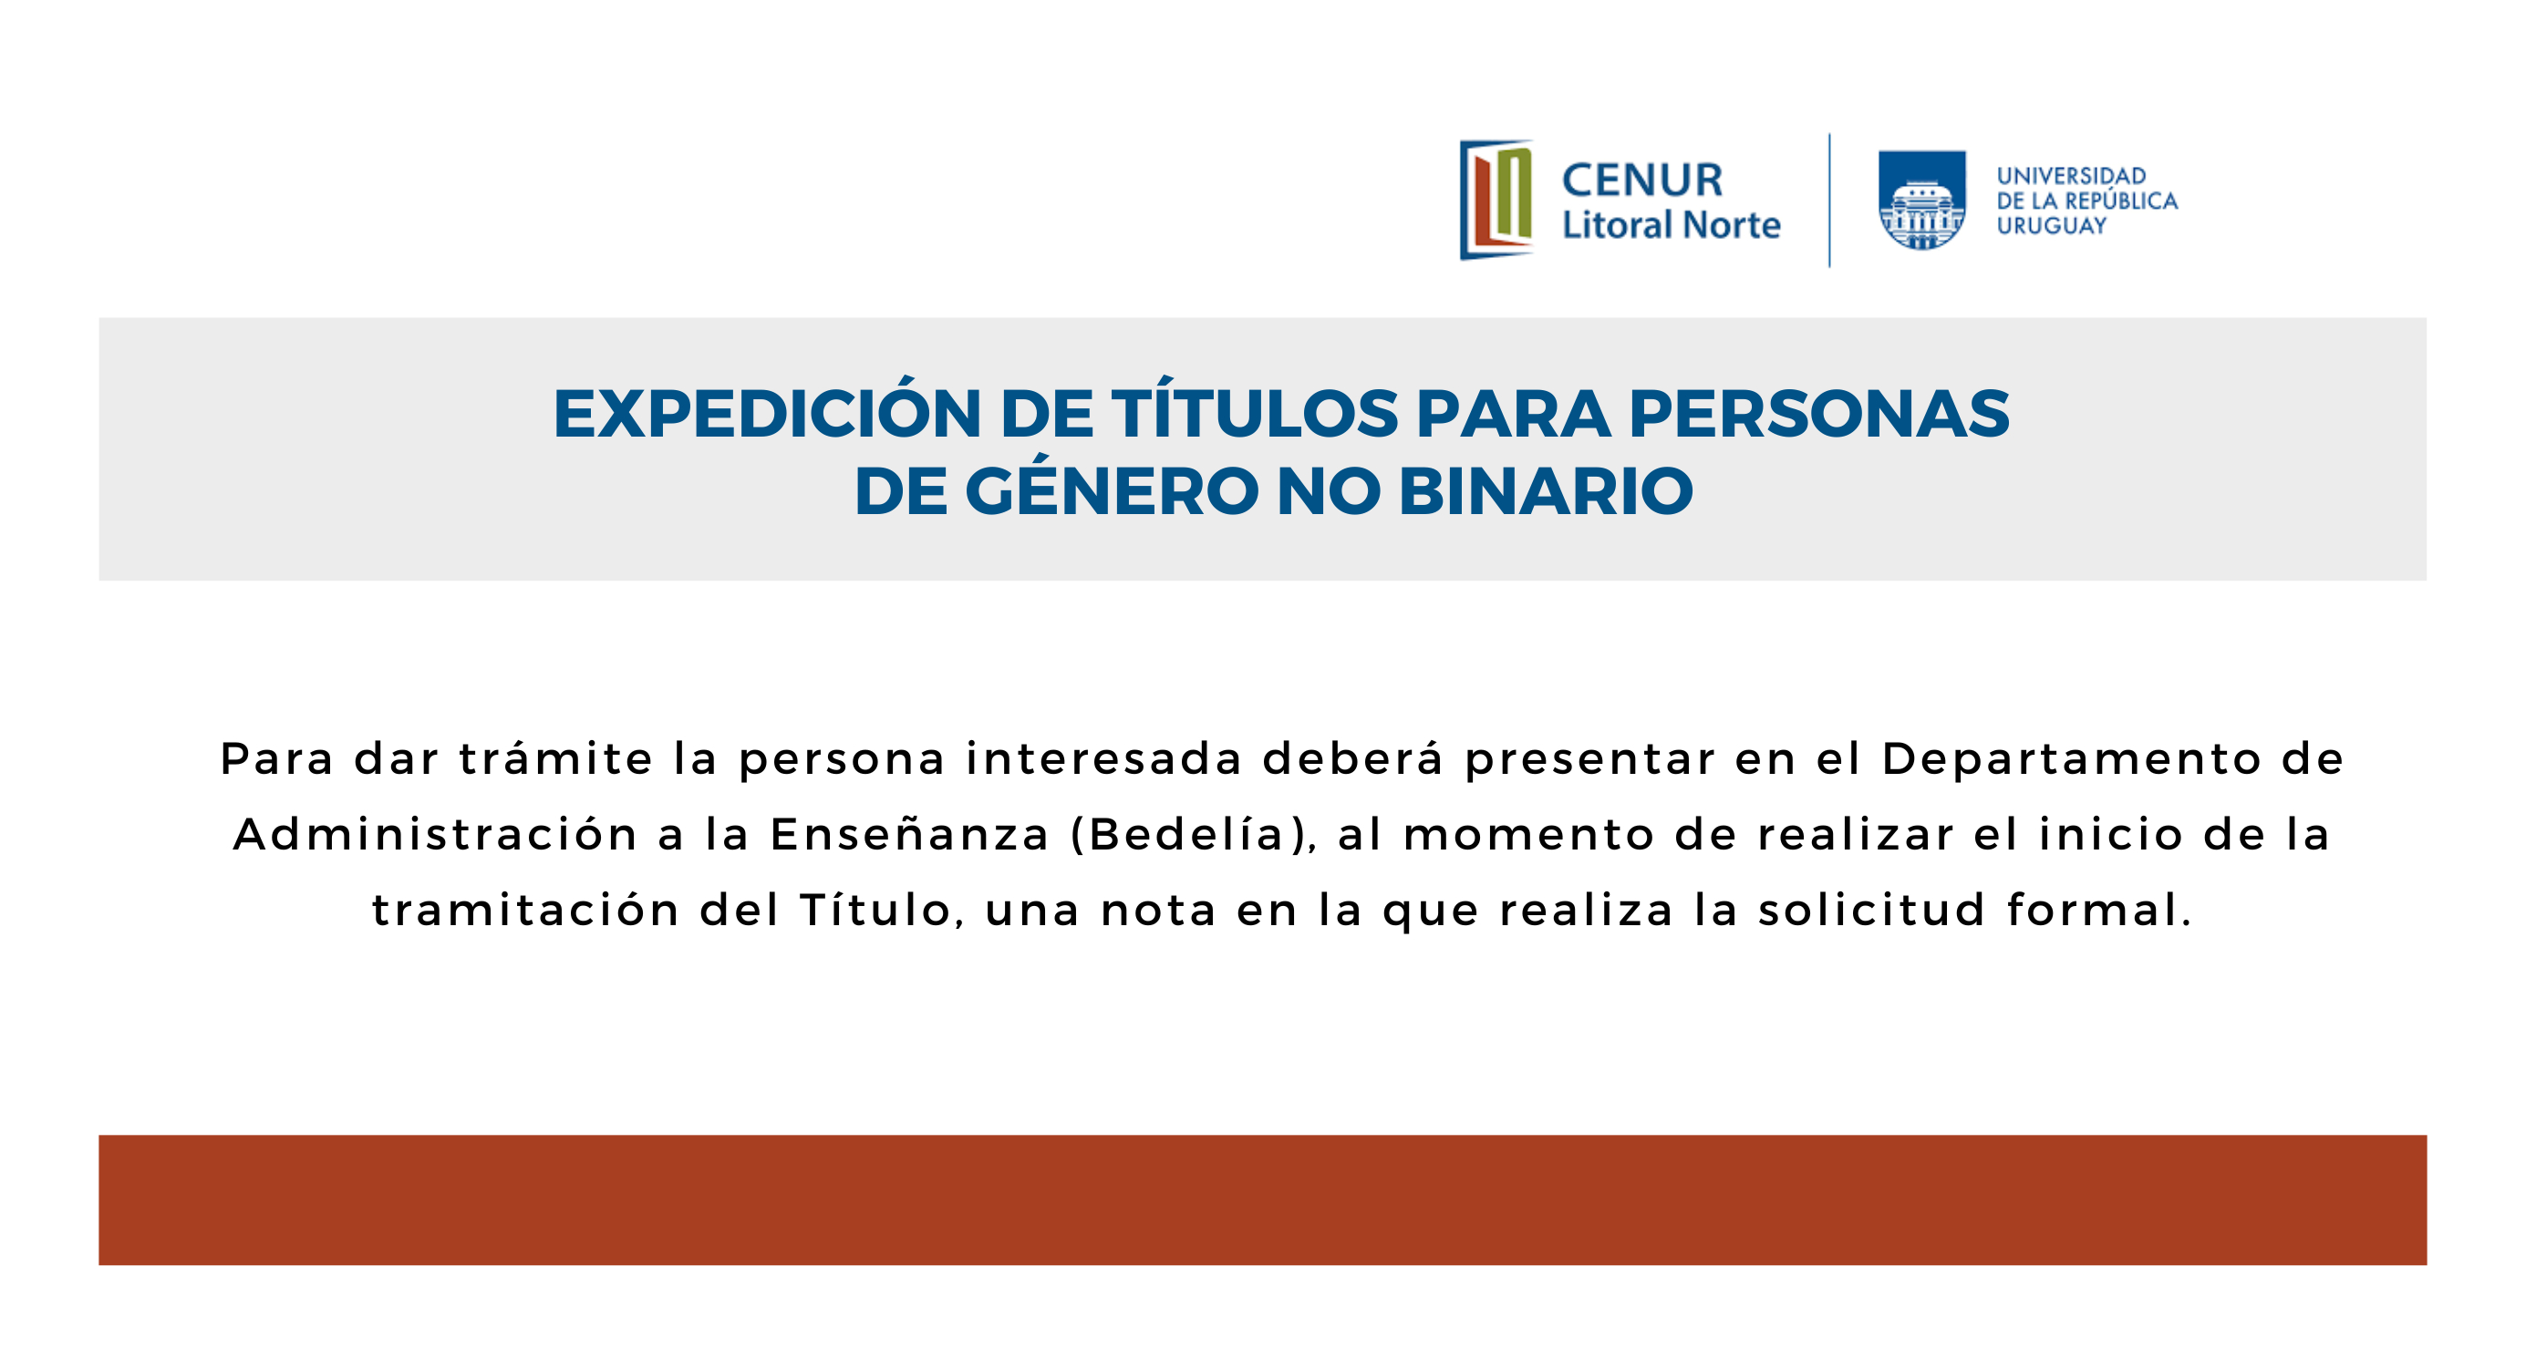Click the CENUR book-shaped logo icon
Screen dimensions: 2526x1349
point(1496,200)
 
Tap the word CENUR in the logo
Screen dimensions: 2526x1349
point(1642,180)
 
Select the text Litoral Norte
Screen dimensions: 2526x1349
point(1671,224)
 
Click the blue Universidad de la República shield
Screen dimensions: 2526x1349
point(1922,200)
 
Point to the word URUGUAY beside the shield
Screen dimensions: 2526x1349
point(2052,225)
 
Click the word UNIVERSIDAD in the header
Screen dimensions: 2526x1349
point(2072,176)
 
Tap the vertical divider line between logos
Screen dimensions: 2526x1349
point(1830,200)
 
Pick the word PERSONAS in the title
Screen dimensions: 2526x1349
point(1819,414)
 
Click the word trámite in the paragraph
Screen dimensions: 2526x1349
point(556,757)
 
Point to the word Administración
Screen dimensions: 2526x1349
point(435,834)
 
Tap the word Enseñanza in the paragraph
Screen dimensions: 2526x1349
point(910,834)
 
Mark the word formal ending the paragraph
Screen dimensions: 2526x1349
point(2099,909)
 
